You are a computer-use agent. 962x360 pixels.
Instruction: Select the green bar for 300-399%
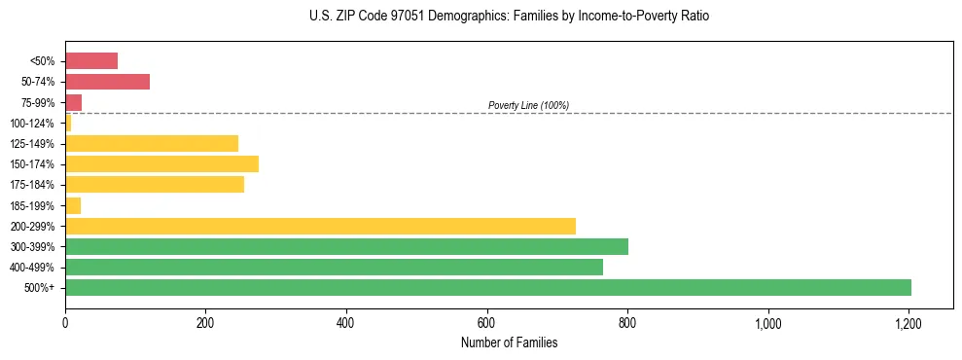point(346,246)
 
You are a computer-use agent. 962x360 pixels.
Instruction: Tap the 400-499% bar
point(334,267)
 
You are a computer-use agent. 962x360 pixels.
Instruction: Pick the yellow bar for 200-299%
point(320,226)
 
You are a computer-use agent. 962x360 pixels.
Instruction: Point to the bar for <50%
point(91,61)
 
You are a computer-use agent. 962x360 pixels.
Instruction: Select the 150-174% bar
point(161,163)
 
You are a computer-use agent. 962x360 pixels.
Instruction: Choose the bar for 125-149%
point(152,143)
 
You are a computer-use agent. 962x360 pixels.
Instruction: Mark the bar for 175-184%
point(155,185)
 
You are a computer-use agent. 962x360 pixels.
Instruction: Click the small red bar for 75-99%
point(74,102)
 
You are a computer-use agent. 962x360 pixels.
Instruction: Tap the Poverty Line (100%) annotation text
point(528,105)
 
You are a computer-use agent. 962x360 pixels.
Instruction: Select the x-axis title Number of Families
point(509,342)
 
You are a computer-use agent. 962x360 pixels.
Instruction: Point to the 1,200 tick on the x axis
point(909,322)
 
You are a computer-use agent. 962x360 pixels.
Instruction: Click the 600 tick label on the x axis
point(487,322)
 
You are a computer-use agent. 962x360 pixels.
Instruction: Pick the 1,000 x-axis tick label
point(768,322)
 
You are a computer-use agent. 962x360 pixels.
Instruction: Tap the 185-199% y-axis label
point(32,205)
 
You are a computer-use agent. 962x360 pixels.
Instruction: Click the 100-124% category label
point(32,124)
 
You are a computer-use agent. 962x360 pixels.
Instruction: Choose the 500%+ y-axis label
point(39,288)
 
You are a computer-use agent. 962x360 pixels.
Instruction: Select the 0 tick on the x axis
point(65,322)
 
